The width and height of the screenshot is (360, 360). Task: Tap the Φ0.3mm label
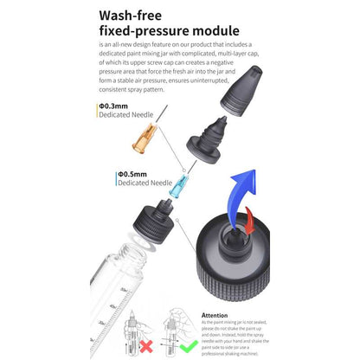[x=118, y=105]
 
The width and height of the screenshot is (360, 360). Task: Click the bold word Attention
[x=215, y=315]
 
